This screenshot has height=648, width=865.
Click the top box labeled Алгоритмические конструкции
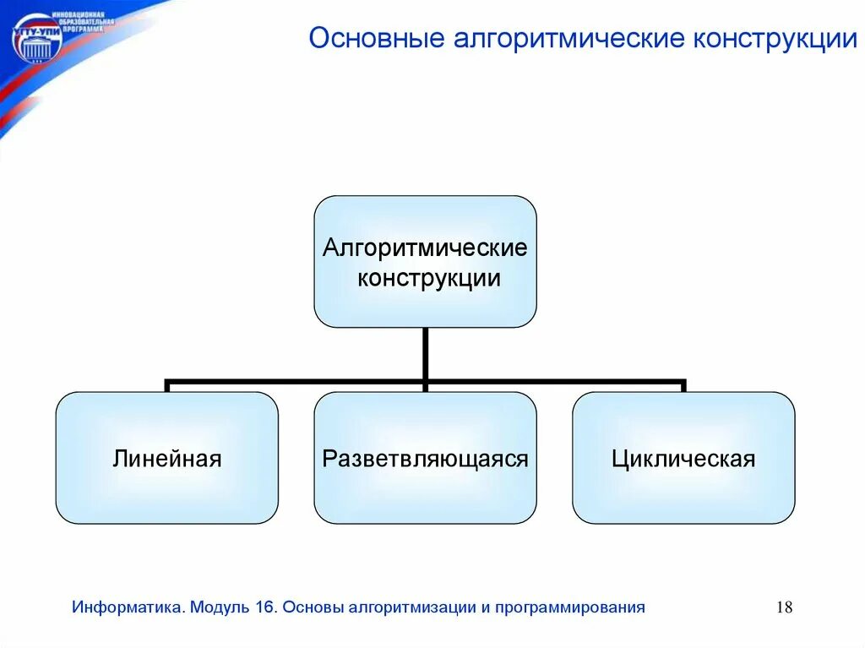click(x=425, y=261)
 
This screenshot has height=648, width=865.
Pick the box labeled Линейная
click(x=166, y=458)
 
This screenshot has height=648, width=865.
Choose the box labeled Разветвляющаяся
click(x=425, y=458)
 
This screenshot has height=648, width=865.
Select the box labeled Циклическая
click(x=683, y=458)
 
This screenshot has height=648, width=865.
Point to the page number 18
click(x=783, y=607)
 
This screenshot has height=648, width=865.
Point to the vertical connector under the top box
click(x=425, y=353)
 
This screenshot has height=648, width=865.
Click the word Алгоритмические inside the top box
click(x=425, y=248)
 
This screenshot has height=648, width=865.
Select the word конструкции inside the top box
click(x=428, y=278)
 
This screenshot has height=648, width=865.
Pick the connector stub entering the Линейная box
click(x=167, y=387)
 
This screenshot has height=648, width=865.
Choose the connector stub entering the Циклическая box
click(x=683, y=387)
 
